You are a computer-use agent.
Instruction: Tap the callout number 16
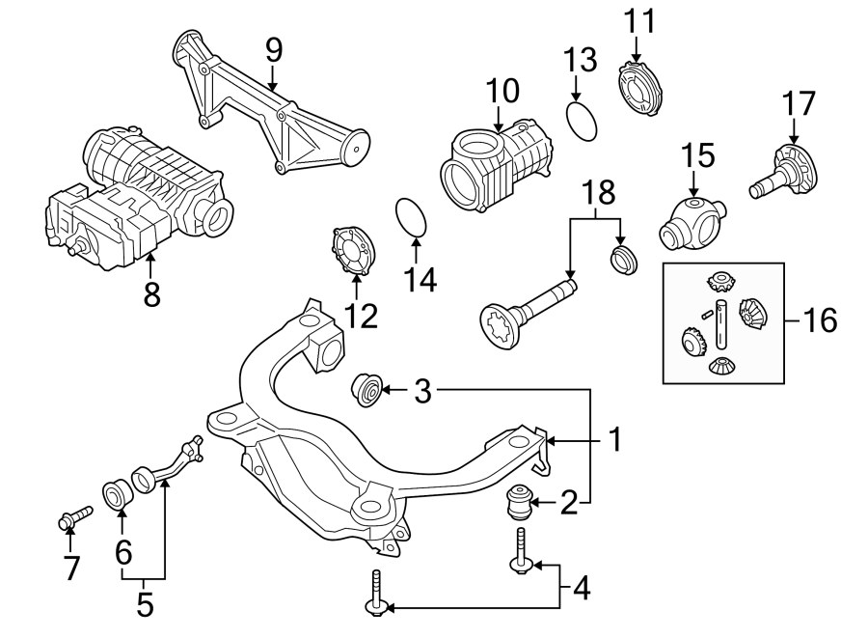click(x=822, y=320)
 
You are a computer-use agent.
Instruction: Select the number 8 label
click(x=151, y=293)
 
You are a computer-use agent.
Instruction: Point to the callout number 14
click(x=420, y=280)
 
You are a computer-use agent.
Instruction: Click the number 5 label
click(x=145, y=605)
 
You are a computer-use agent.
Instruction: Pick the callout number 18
click(x=599, y=193)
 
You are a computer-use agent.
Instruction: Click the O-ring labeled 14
click(x=412, y=217)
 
